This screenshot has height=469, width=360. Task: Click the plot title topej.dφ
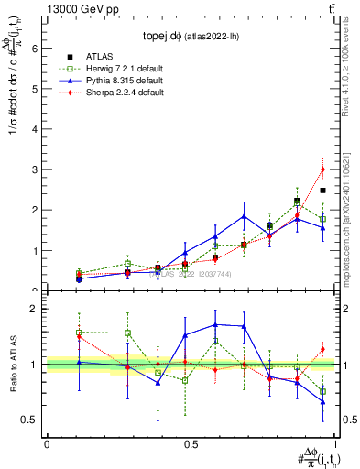click(x=191, y=37)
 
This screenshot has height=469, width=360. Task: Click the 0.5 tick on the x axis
click(x=191, y=443)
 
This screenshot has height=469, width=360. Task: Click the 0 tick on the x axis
click(x=47, y=443)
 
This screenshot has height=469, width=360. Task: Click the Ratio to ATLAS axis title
click(x=13, y=365)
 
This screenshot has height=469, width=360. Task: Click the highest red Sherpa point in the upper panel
click(x=322, y=169)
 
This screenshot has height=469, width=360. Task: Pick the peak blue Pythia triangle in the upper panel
click(x=244, y=216)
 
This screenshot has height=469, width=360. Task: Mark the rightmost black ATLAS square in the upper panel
click(x=322, y=191)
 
